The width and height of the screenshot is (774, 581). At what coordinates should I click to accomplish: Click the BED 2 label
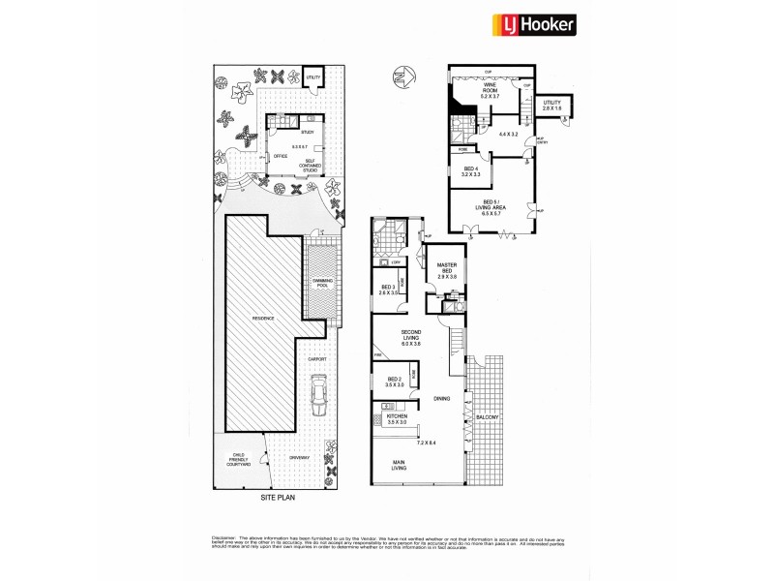click(394, 381)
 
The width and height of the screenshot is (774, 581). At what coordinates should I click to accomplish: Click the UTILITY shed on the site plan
click(313, 77)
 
